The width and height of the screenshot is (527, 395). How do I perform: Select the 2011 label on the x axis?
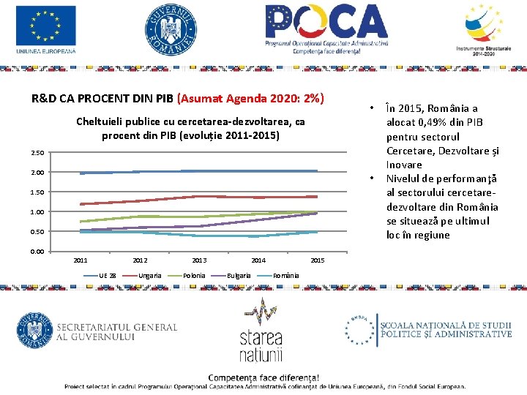(81, 260)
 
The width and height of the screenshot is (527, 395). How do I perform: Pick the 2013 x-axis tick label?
(199, 260)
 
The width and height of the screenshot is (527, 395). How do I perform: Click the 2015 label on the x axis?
(318, 260)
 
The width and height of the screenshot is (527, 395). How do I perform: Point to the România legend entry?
(285, 275)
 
